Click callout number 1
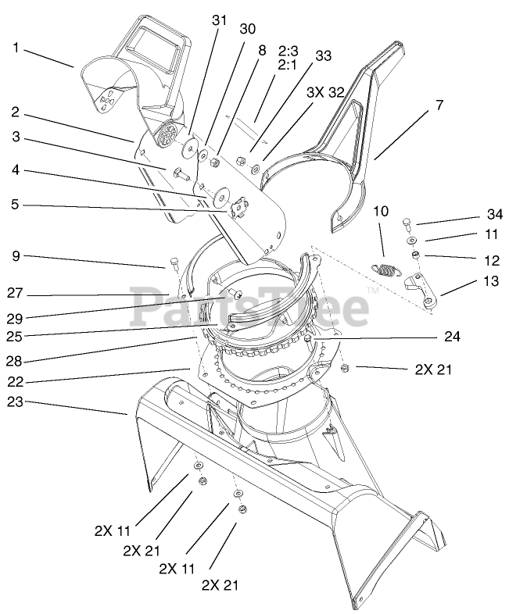click(16, 47)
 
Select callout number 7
click(439, 103)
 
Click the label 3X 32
click(325, 91)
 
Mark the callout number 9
click(16, 255)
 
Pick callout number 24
click(451, 337)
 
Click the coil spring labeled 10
click(387, 270)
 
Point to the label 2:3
click(287, 50)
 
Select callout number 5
click(16, 206)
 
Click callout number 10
click(380, 211)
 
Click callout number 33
click(323, 56)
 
